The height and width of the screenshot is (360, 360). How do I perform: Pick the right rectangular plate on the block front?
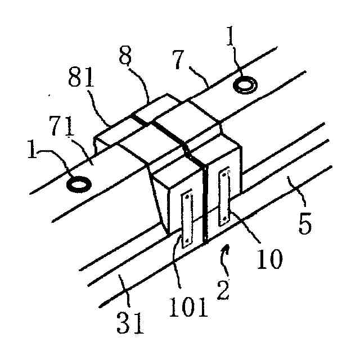224,194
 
